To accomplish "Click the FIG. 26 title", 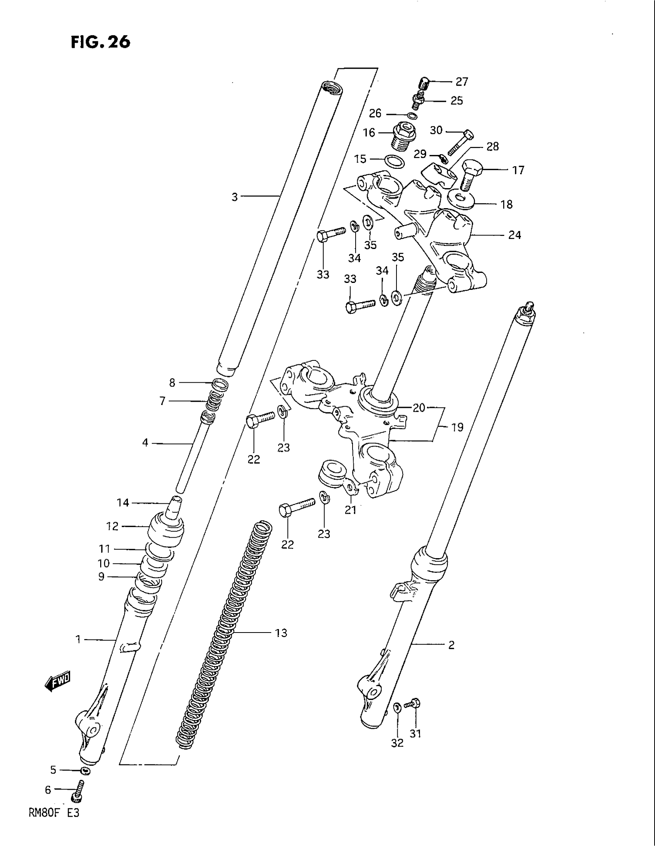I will pos(101,42).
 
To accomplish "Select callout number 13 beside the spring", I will pos(281,633).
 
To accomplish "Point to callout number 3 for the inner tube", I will pos(234,197).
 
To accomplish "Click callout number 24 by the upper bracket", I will pos(514,235).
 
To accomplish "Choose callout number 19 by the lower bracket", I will pos(457,427).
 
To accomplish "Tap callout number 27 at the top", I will pos(462,82).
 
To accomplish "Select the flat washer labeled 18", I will pos(460,199).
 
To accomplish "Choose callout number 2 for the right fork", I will pos(451,645).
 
